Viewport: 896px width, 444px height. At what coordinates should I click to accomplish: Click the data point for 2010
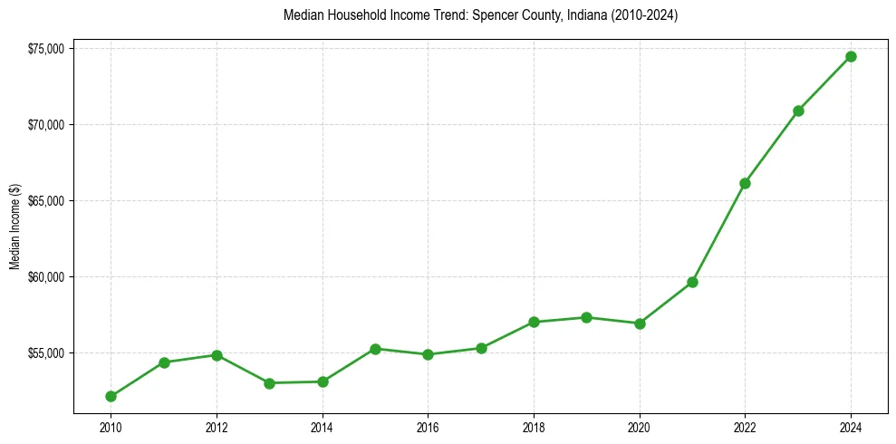(111, 396)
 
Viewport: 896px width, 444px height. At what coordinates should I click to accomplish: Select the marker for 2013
(269, 383)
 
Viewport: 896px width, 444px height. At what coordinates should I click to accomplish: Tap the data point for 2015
(375, 349)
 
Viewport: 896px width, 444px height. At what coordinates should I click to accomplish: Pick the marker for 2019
(587, 317)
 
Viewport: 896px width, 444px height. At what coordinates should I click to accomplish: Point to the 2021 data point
(692, 282)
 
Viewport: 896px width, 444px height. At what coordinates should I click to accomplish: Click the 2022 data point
(745, 183)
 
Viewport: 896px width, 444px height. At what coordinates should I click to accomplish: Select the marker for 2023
(798, 111)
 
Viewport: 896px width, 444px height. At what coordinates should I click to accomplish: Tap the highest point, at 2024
(851, 56)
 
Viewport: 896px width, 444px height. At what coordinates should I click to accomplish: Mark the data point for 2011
(164, 362)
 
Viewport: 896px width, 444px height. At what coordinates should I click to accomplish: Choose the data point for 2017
(481, 348)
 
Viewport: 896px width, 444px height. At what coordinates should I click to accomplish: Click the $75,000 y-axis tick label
(44, 48)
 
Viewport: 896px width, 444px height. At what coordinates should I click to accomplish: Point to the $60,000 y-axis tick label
(44, 276)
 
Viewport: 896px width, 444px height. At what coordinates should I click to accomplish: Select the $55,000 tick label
(44, 352)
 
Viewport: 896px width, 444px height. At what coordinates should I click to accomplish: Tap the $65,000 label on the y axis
(44, 200)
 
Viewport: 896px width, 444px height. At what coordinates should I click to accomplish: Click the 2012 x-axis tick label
(217, 428)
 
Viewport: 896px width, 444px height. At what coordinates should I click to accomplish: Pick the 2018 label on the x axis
(534, 428)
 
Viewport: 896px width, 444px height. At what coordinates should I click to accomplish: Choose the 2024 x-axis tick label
(851, 428)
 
